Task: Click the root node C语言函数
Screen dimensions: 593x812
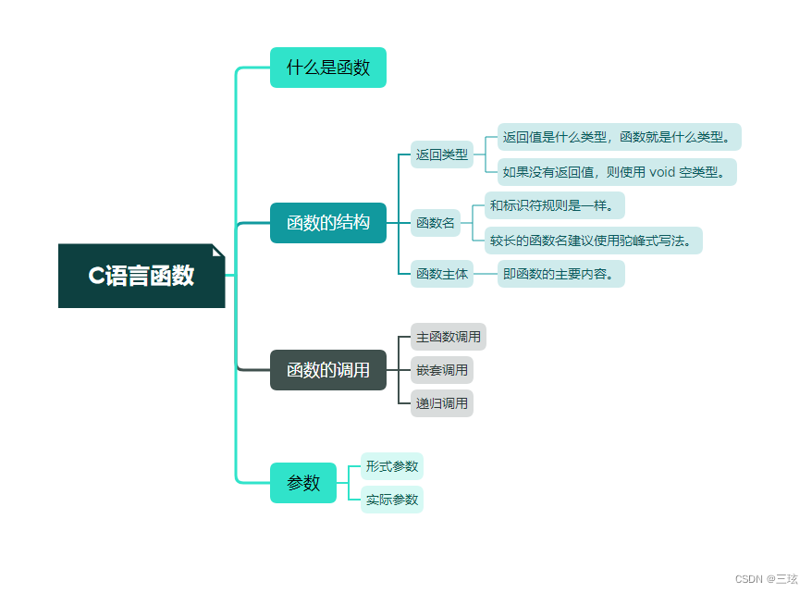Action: tap(141, 276)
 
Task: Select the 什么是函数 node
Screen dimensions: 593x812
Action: tap(327, 68)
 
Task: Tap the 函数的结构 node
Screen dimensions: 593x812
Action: tap(327, 223)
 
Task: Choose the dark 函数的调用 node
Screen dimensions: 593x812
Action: tap(327, 370)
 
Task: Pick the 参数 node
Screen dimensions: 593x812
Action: tap(303, 483)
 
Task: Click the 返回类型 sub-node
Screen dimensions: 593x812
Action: tap(441, 155)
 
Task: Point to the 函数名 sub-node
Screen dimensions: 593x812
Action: tap(436, 223)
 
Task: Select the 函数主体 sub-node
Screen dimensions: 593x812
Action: tap(441, 274)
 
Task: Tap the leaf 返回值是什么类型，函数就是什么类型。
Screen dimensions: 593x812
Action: tap(619, 138)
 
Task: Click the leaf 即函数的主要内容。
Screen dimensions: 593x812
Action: tap(560, 274)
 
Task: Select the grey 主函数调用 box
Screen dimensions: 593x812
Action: tap(449, 337)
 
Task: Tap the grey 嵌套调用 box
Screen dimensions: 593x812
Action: tap(442, 370)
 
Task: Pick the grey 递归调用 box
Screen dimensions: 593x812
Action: tap(442, 403)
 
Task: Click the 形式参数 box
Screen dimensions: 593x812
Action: tap(392, 466)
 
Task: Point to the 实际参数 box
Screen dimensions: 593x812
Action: tap(392, 500)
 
